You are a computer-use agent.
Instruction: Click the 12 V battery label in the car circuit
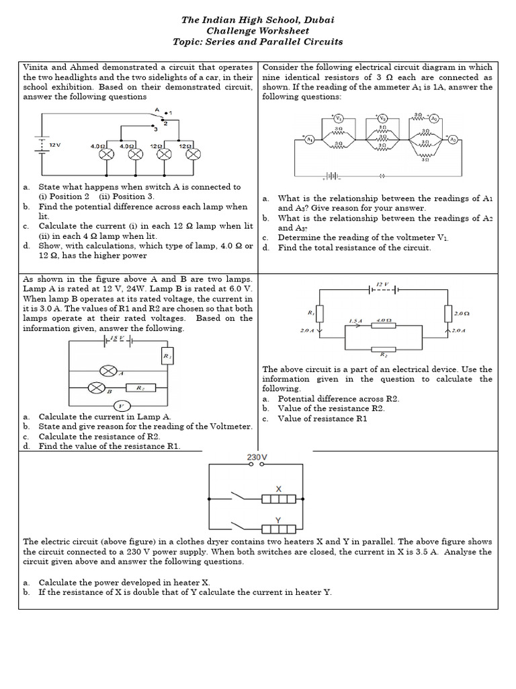point(55,145)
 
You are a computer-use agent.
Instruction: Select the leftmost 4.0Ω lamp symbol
point(105,154)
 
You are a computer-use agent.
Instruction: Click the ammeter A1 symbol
point(310,139)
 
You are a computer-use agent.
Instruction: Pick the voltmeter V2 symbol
point(383,118)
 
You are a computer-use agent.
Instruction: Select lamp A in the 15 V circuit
point(107,371)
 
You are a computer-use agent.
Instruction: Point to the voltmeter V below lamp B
point(121,405)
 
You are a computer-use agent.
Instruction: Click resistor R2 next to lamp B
point(141,388)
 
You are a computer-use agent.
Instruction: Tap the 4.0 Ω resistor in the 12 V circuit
point(385,326)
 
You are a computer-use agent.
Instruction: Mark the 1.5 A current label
point(355,321)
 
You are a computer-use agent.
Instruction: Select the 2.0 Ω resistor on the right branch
point(448,314)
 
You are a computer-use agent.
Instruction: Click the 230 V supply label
point(257,458)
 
